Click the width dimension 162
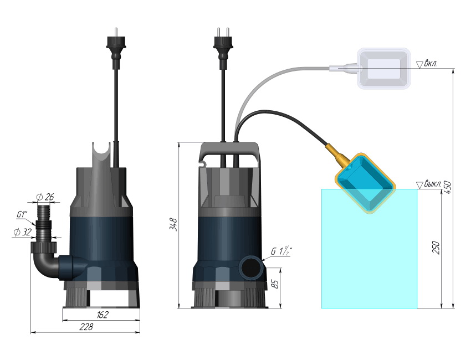tap(103, 315)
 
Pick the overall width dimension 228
tap(85, 327)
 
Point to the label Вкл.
tap(430, 64)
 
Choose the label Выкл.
tap(432, 183)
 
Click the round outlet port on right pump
tap(251, 267)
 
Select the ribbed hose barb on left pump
tap(44, 214)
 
